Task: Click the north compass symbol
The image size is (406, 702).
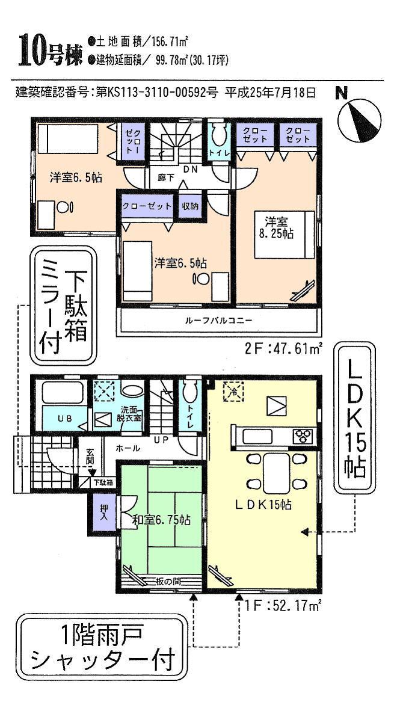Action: pos(358,118)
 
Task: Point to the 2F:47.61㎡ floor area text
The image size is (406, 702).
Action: pos(285,348)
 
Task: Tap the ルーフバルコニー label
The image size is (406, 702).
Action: pos(219,321)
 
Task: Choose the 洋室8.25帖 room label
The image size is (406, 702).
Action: pos(275,228)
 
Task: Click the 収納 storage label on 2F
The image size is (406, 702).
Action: pos(191,206)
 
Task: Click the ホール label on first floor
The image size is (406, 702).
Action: pos(128,448)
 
